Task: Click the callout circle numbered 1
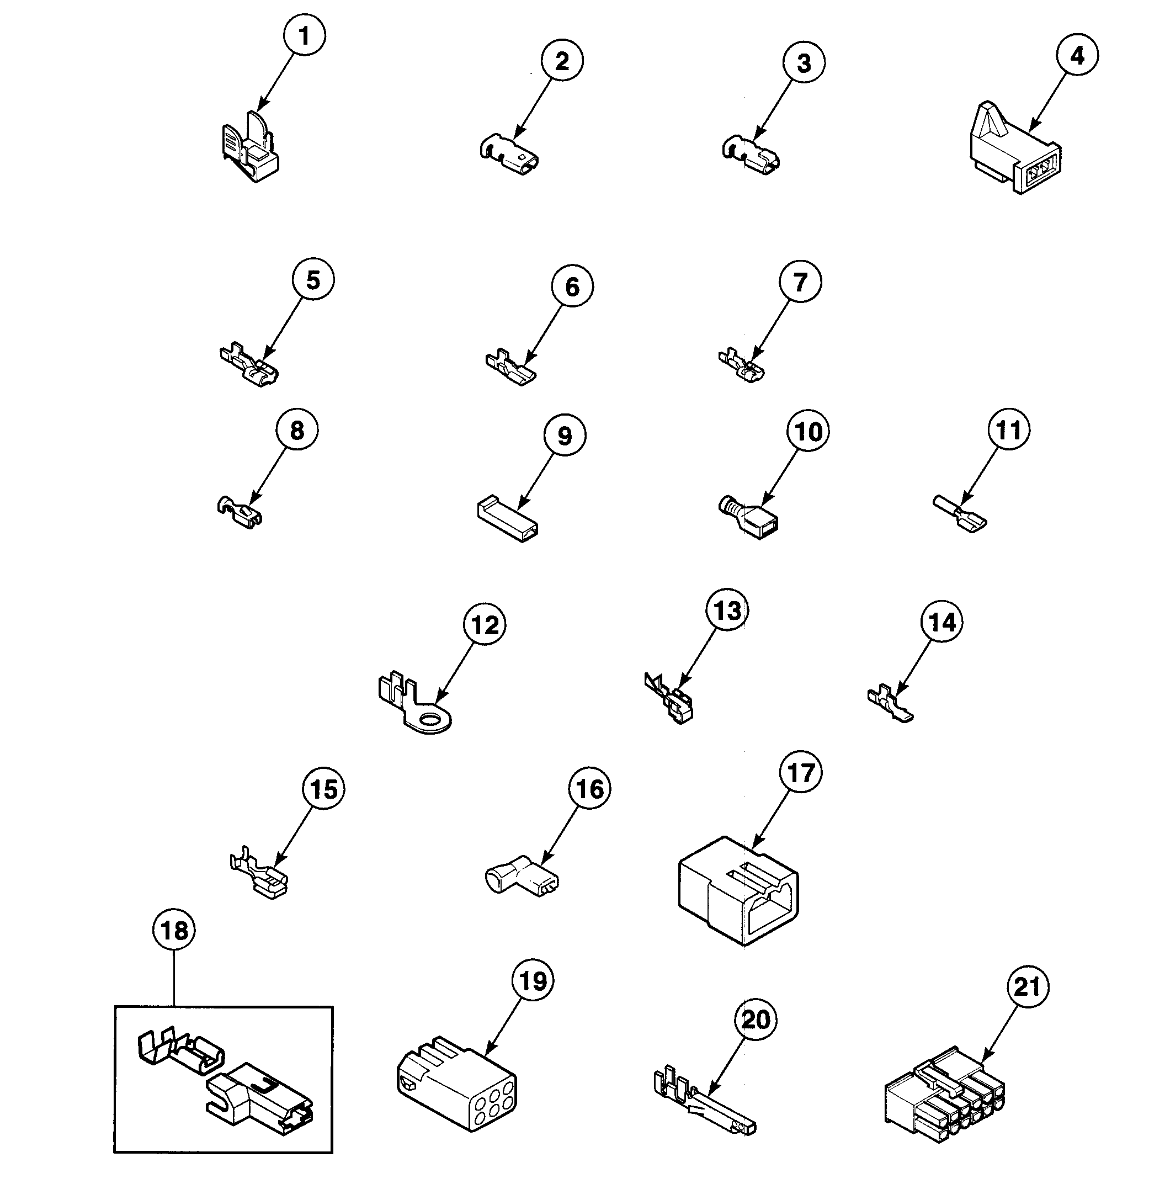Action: tap(304, 36)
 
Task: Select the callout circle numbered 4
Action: tap(1077, 55)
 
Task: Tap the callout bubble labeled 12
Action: tap(485, 625)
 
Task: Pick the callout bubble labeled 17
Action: tap(801, 772)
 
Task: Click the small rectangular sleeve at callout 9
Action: tap(506, 519)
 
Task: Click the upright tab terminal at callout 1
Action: tap(251, 148)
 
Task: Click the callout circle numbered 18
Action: tap(174, 930)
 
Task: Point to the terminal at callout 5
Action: tap(249, 366)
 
